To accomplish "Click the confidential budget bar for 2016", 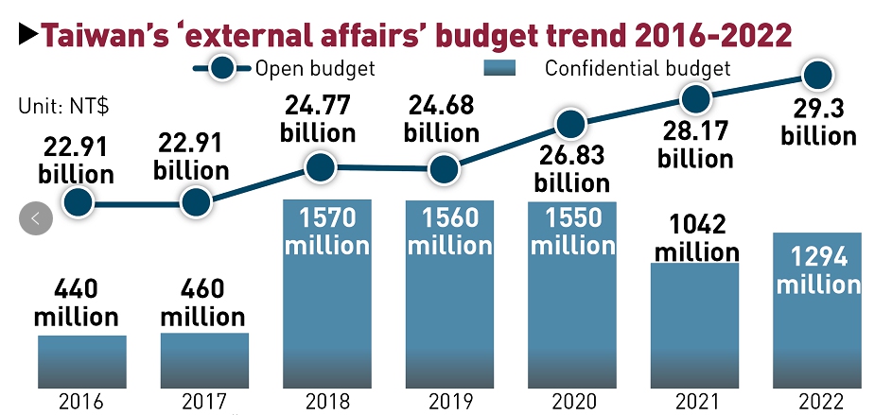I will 82,361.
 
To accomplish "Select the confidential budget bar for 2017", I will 204,360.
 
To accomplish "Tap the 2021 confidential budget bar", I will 694,325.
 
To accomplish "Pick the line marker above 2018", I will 321,168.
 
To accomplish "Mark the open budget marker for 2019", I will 442,170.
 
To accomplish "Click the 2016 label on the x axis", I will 82,401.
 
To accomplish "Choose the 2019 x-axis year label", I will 450,401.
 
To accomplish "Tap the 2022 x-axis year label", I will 817,401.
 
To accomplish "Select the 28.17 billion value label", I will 696,145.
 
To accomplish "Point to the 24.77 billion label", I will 318,118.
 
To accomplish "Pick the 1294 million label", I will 819,269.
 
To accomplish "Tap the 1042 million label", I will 696,238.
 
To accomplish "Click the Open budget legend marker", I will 223,68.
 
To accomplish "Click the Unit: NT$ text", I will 63,106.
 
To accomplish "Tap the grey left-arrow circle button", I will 36,219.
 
